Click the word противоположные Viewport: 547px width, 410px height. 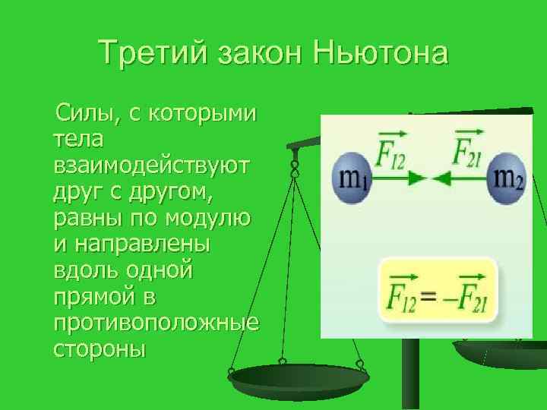click(x=157, y=326)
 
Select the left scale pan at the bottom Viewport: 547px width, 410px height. click(x=298, y=377)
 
